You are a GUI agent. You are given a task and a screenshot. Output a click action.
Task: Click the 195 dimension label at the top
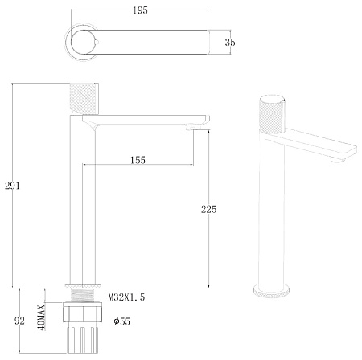[140, 10]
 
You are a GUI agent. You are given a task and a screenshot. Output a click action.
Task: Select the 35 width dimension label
[230, 43]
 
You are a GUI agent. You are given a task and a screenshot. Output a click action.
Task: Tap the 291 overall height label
[12, 186]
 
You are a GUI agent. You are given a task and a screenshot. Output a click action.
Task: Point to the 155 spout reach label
[138, 160]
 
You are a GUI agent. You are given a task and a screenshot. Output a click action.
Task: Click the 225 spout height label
[209, 209]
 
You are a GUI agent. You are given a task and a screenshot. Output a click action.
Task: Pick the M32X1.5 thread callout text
[126, 297]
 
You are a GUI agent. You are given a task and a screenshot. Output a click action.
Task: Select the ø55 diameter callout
[122, 321]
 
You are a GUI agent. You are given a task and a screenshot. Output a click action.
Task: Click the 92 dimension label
[19, 321]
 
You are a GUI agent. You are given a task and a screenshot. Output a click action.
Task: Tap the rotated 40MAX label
[42, 317]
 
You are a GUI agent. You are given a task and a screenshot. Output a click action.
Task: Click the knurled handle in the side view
[84, 99]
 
